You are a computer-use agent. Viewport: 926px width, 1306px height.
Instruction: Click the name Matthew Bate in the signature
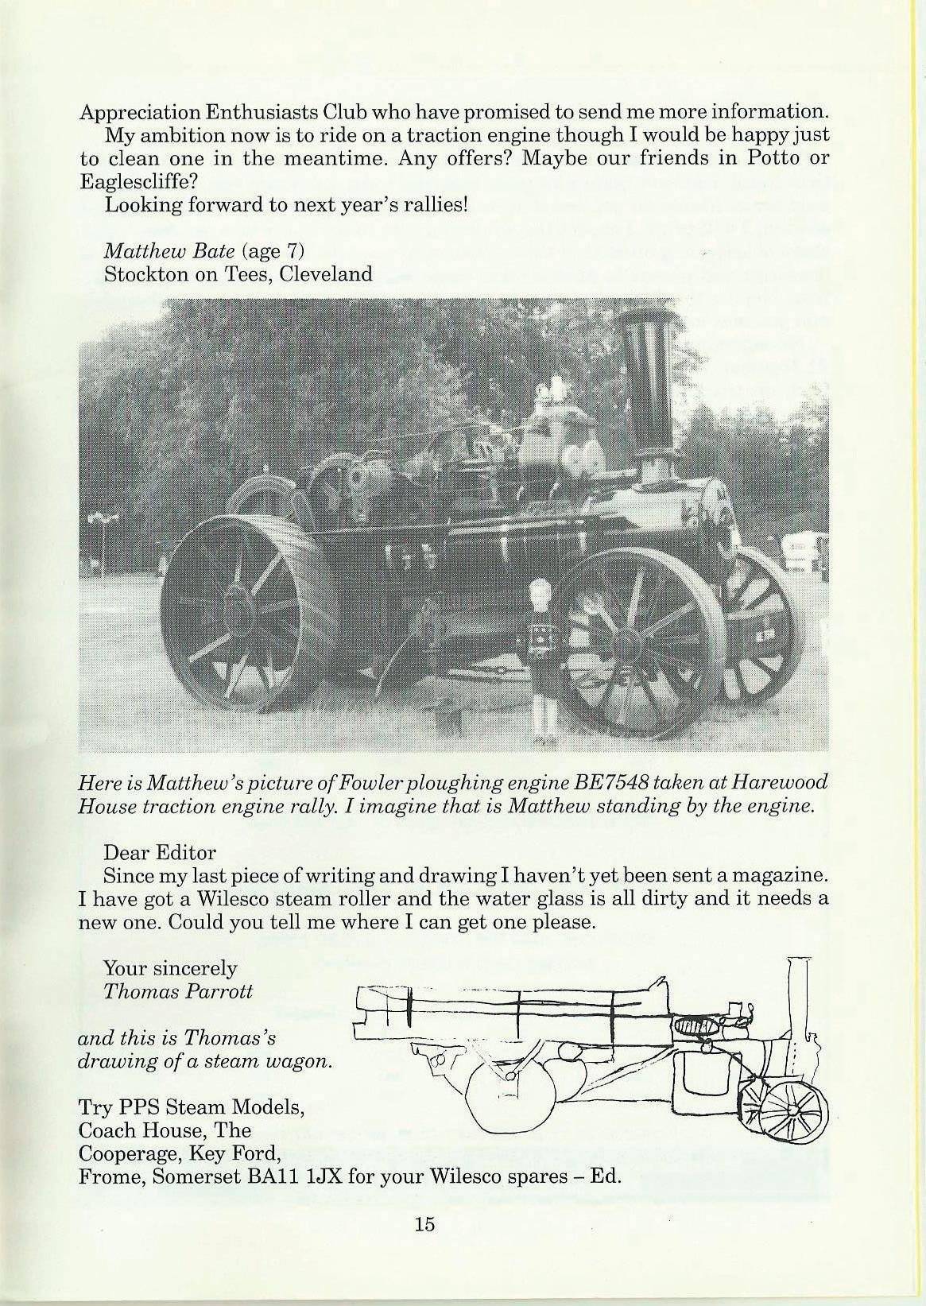(x=169, y=251)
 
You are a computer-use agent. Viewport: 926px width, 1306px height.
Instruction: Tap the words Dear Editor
(x=160, y=853)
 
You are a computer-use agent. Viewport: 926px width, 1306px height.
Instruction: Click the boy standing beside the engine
(x=544, y=660)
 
